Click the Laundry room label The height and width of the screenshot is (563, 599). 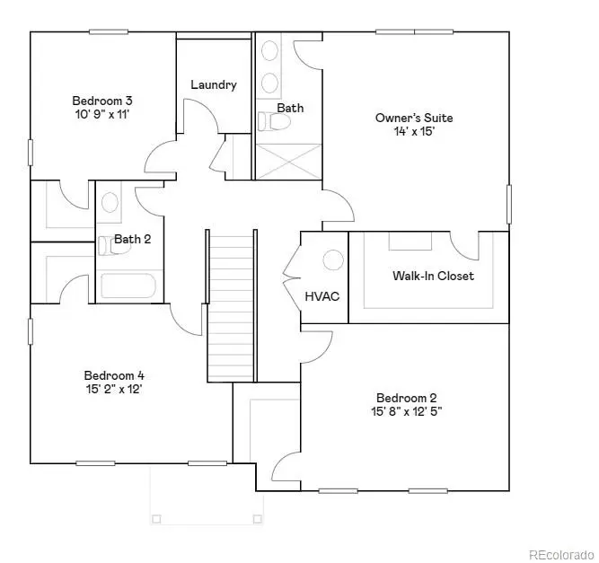click(x=214, y=84)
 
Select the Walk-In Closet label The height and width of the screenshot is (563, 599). click(x=433, y=276)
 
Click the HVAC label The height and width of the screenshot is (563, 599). click(x=322, y=296)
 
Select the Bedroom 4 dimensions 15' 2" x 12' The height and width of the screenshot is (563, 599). click(x=113, y=390)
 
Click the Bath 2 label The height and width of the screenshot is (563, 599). click(x=132, y=239)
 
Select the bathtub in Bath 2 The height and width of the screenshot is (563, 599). click(x=128, y=286)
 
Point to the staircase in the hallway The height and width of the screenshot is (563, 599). click(x=232, y=305)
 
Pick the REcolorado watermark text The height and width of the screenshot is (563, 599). click(x=559, y=553)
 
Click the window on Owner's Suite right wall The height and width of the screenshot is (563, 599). click(x=508, y=204)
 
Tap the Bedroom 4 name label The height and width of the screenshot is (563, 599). click(x=114, y=375)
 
